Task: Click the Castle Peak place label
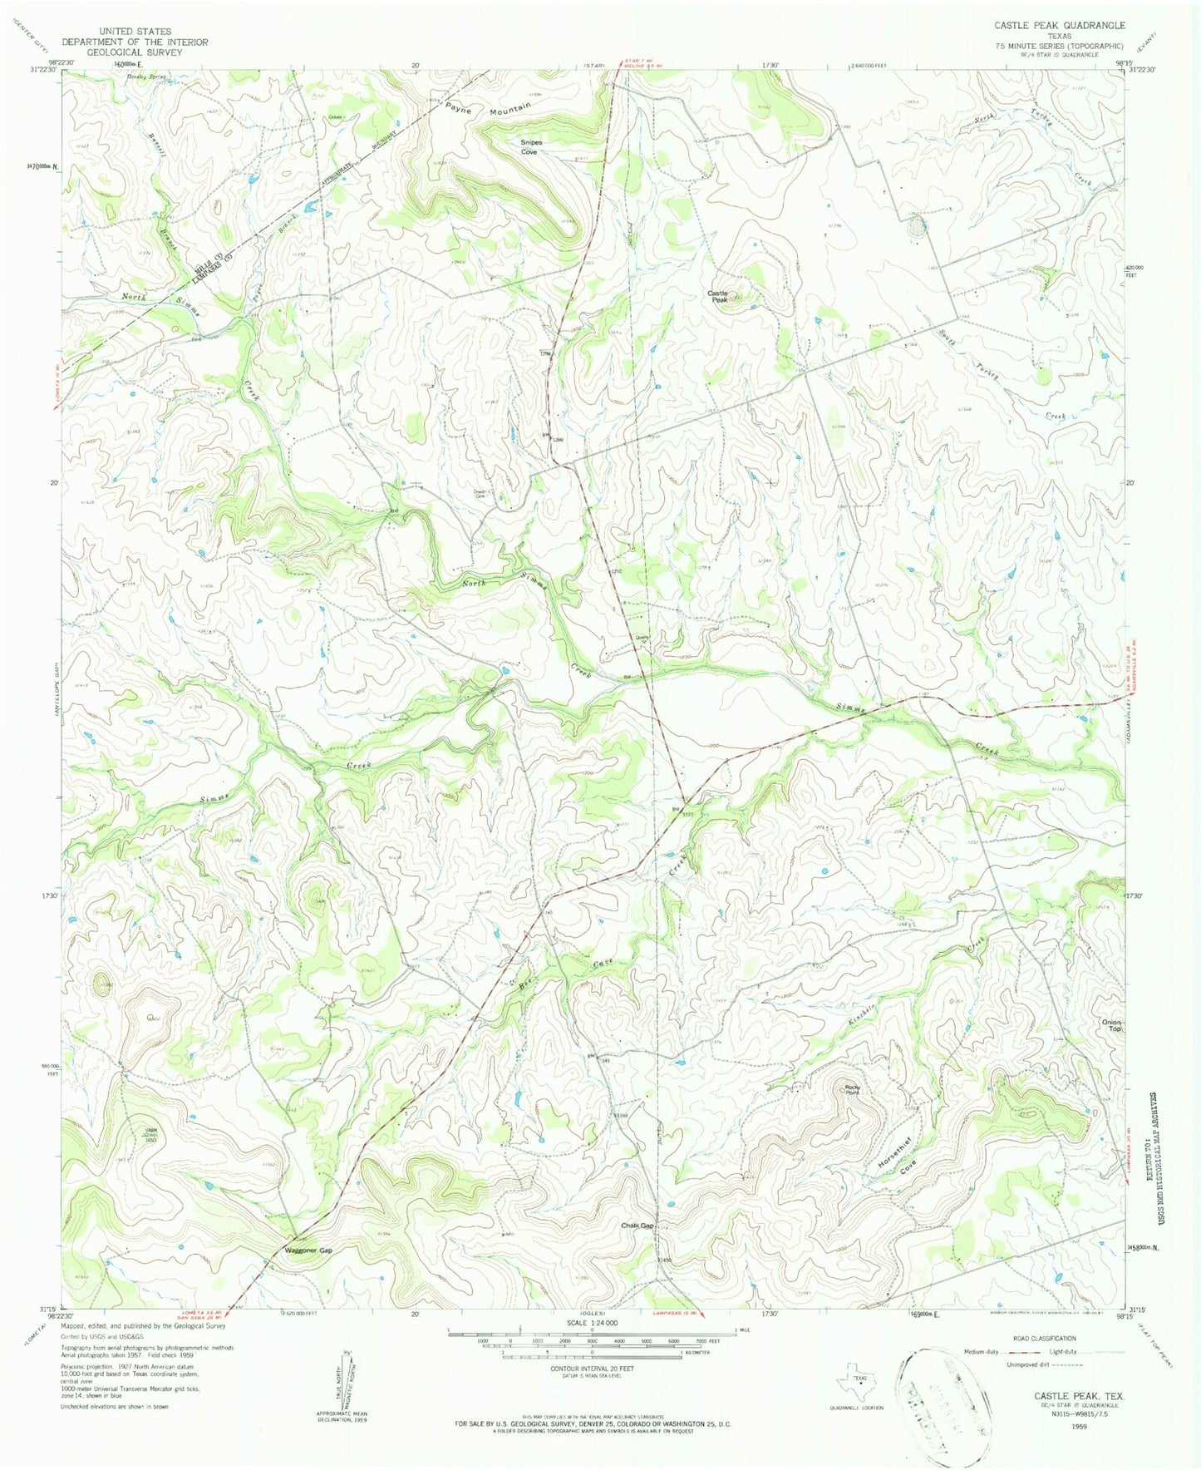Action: click(x=717, y=296)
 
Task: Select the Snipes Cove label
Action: click(x=529, y=147)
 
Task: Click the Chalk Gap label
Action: click(x=637, y=1226)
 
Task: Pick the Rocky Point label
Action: click(x=851, y=1089)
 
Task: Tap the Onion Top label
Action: click(x=1111, y=1025)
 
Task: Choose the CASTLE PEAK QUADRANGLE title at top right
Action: click(x=1059, y=26)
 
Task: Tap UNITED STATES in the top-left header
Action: click(x=134, y=32)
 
